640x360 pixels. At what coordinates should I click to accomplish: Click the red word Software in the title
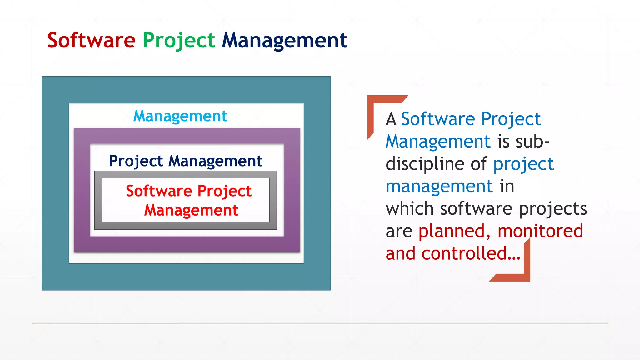(91, 40)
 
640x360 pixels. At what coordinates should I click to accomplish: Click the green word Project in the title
(179, 41)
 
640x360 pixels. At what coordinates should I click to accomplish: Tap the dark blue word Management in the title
(284, 41)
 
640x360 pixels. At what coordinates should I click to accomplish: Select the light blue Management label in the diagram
(180, 116)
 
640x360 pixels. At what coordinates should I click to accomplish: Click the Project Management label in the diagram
(185, 161)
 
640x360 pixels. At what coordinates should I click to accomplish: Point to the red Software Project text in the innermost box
(189, 191)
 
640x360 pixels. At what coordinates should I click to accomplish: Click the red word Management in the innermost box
(191, 210)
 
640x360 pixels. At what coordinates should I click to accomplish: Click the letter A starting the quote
(391, 119)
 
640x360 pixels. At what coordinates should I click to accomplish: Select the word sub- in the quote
(532, 142)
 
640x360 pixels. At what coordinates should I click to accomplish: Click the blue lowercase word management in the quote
(439, 187)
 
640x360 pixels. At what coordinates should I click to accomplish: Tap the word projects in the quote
(553, 209)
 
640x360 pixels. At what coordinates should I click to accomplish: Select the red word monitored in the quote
(540, 231)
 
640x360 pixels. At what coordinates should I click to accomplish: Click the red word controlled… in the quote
(471, 253)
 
